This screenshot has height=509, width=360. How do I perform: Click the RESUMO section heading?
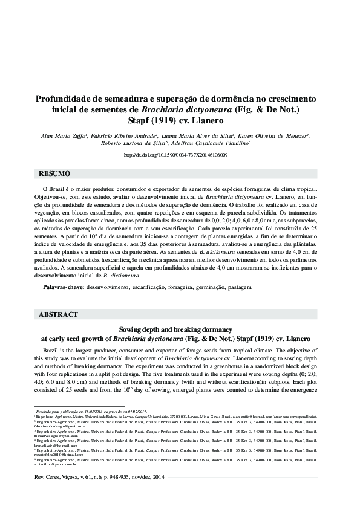click(x=54, y=174)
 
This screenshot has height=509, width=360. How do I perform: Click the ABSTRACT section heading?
click(x=58, y=315)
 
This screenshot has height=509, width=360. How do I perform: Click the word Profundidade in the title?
click(x=64, y=99)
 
